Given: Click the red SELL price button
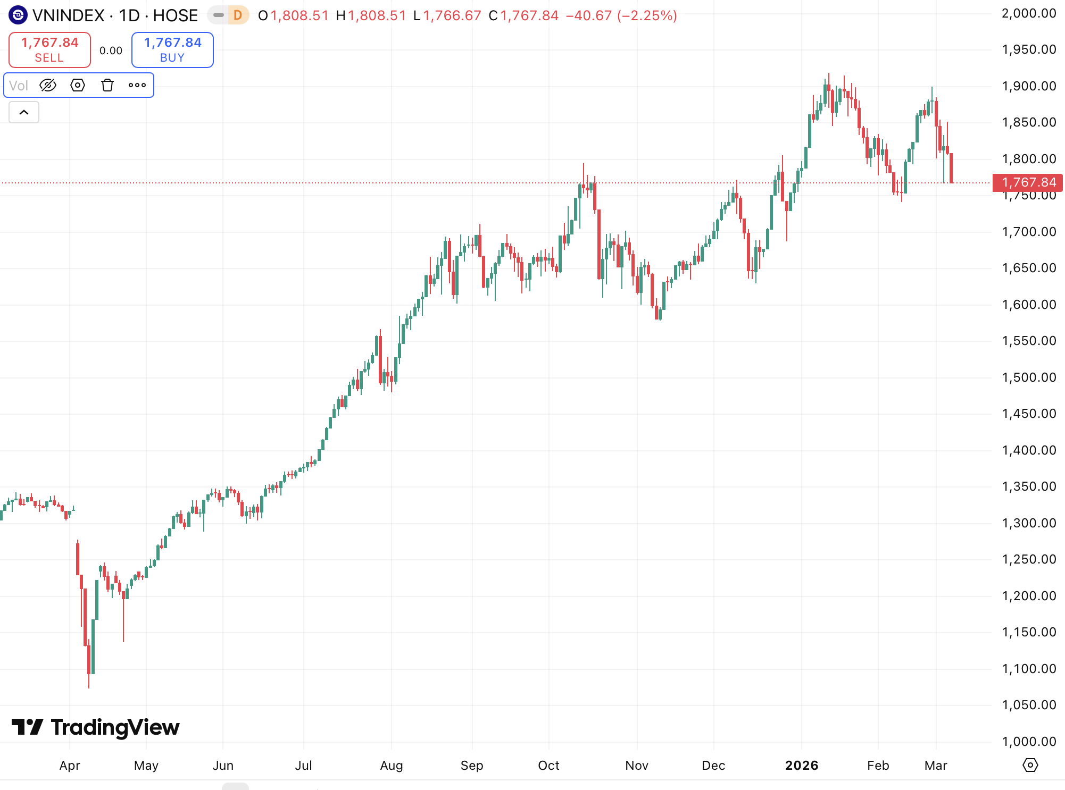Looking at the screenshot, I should coord(49,49).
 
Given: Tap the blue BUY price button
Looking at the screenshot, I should coord(172,49).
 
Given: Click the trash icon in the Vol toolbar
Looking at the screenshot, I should coord(107,85).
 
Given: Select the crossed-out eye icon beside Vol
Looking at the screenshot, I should coord(48,85).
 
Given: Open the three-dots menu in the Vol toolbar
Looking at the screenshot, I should coord(137,85).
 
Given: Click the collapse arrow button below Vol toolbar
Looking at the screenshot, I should coord(24,112).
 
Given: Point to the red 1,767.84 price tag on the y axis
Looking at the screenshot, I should coord(1028,182).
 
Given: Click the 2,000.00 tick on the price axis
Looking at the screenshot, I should coord(1028,13).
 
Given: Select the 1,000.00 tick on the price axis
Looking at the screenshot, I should coord(1028,741).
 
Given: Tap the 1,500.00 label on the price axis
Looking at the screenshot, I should coord(1028,377).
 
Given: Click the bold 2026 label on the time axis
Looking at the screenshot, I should coord(802,766).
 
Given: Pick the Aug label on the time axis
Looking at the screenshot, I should coord(392,766).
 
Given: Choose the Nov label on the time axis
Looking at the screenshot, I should coord(637,766).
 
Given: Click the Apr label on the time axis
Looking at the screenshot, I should coord(70,766).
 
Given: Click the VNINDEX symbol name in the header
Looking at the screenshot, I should coord(69,15).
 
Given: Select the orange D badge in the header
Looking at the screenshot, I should coord(238,15).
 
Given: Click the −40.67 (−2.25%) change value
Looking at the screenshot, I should coord(621,15).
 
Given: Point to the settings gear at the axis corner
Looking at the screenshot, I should coord(1030,766).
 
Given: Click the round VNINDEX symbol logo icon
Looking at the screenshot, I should coord(18,15).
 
